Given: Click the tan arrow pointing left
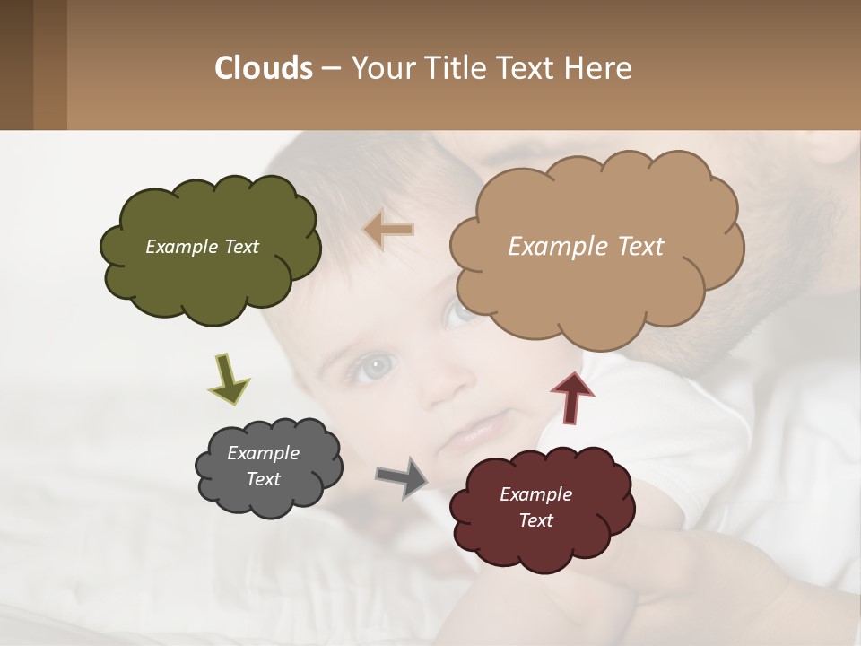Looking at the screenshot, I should (x=388, y=230).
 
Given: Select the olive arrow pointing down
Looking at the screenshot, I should (x=228, y=378).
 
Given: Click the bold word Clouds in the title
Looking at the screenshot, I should (x=264, y=68).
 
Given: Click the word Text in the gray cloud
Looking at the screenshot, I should (x=264, y=479).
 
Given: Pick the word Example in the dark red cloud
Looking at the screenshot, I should (x=535, y=494).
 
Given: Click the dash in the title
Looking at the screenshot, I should (x=330, y=69).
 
